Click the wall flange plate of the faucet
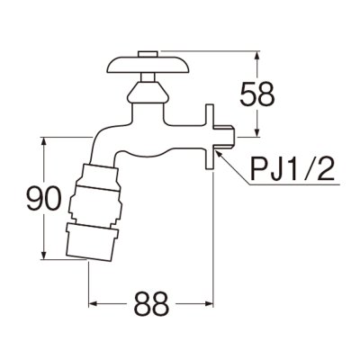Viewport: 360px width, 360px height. click(x=210, y=135)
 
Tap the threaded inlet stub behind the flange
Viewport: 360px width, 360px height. click(x=228, y=135)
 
